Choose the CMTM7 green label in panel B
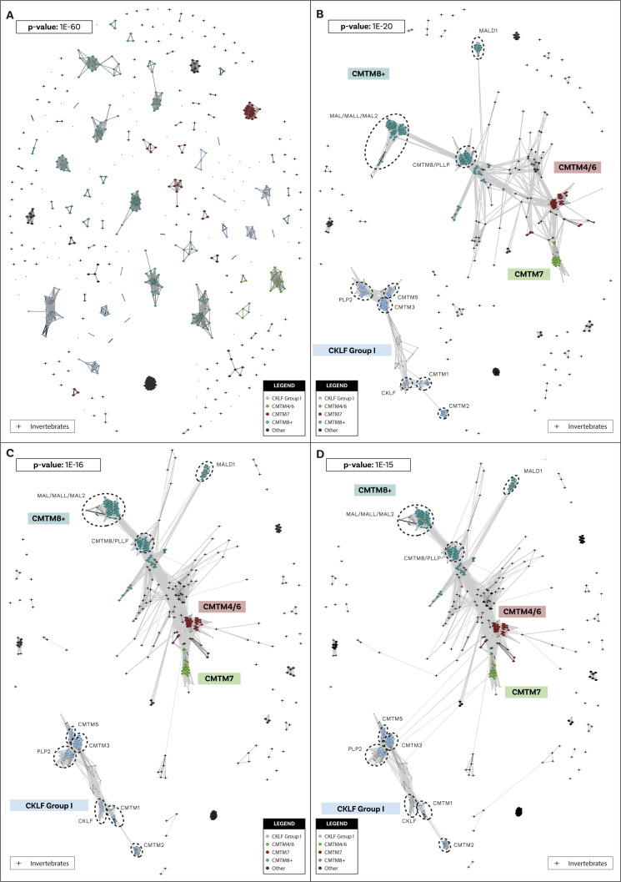[529, 273]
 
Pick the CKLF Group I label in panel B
[351, 350]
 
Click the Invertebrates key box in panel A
[43, 426]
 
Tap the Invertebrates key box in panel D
[582, 863]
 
